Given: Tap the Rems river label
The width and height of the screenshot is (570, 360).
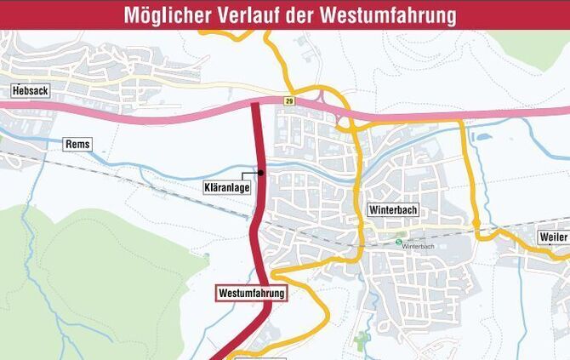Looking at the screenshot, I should pos(77,145).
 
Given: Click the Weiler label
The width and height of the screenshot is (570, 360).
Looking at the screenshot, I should pos(553,237).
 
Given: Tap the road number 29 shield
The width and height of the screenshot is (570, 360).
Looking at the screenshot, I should pos(289,100).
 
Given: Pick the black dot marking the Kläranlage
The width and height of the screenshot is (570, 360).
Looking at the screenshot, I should pos(261,173).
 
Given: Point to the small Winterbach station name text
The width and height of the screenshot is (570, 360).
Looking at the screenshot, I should pos(419,247).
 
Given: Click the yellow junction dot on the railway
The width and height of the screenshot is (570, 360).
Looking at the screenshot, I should pos(477,224).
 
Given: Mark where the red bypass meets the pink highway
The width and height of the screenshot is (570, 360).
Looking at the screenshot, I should pos(257,108).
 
